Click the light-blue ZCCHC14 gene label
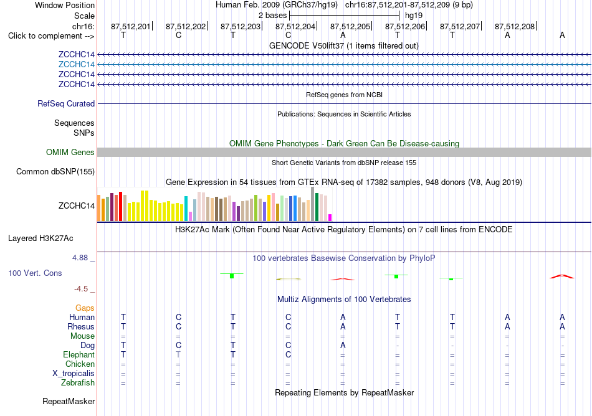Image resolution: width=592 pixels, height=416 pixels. [x=76, y=64]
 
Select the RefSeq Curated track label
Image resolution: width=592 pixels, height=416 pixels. [x=66, y=104]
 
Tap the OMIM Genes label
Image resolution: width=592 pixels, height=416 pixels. [x=70, y=152]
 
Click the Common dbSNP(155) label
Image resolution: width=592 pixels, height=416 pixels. [x=55, y=172]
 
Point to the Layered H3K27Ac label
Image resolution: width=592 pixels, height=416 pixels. [x=41, y=239]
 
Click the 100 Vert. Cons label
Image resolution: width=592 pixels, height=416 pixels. [x=35, y=273]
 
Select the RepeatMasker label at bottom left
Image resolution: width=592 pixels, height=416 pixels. [x=69, y=401]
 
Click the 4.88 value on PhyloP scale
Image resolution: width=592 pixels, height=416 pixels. [x=80, y=258]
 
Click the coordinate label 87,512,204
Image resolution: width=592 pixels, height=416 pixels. [x=295, y=26]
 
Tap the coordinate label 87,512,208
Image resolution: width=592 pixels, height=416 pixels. [x=515, y=26]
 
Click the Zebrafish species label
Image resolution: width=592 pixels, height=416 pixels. [x=78, y=383]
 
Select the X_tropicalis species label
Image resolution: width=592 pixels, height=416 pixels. [x=74, y=374]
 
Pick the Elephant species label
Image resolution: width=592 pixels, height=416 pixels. [x=79, y=354]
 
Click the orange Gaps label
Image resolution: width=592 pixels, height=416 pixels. [x=85, y=308]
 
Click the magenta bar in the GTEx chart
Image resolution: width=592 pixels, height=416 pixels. [x=330, y=217]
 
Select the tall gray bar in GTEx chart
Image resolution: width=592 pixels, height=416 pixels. [x=313, y=204]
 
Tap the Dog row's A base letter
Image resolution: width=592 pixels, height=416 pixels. [x=343, y=345]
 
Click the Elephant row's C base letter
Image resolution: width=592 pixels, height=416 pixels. [x=288, y=354]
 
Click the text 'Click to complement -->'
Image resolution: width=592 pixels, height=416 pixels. [x=51, y=36]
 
